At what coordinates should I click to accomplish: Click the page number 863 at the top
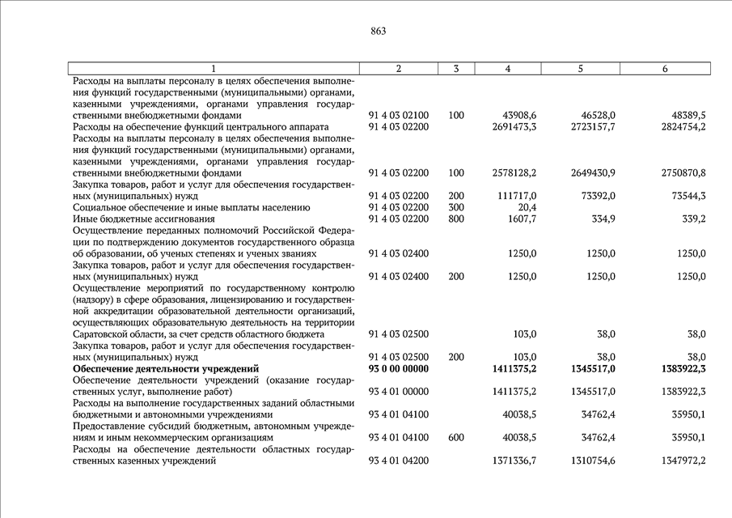coord(379,32)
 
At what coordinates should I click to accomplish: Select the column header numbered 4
coord(507,69)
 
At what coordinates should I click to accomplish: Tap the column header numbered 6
coord(664,69)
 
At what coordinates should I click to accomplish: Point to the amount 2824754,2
coord(679,127)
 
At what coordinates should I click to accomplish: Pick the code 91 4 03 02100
coord(398,116)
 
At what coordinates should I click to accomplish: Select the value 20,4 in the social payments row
coord(527,207)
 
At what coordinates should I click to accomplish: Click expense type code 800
coord(456,219)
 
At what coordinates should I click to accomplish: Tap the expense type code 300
coord(456,207)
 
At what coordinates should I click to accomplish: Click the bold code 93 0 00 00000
coord(398,368)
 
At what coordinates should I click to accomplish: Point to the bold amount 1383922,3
coord(679,368)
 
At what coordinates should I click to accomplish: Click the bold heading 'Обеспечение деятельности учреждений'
coord(165,368)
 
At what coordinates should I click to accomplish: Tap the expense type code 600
coord(456,437)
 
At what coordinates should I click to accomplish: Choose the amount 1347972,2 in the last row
coord(679,461)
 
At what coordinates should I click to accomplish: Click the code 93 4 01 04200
coord(398,461)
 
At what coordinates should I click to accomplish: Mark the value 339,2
coord(692,219)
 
